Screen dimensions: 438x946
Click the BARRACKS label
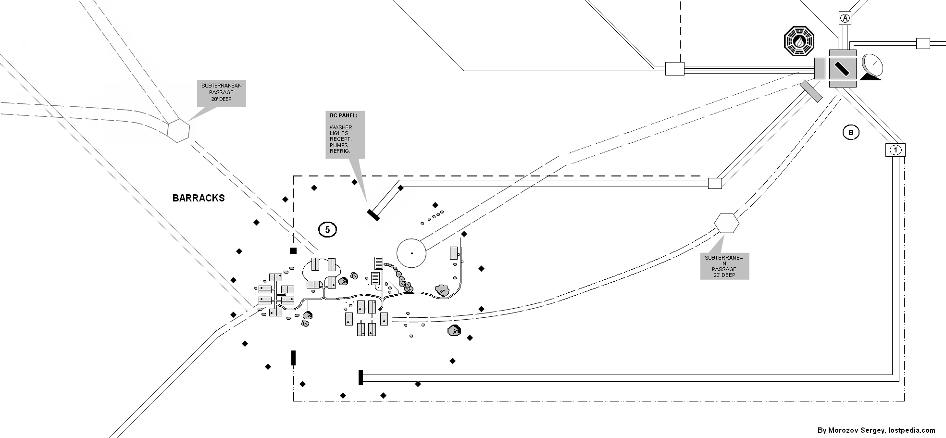point(199,198)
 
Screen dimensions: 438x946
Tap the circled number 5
point(327,230)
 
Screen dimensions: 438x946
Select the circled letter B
point(850,132)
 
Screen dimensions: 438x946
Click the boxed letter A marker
point(845,18)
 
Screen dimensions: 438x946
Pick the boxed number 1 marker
point(895,150)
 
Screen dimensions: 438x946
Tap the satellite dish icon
point(872,67)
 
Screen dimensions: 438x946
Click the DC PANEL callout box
point(345,135)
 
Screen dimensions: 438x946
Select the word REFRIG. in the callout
point(340,151)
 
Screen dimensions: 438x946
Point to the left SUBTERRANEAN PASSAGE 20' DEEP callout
point(222,93)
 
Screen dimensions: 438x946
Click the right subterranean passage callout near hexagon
point(724,266)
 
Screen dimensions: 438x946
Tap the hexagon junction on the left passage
point(178,130)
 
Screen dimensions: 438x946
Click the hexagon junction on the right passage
point(726,223)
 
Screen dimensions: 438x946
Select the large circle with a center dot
point(411,253)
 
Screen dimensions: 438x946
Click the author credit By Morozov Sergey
point(876,430)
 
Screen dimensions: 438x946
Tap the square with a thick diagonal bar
point(843,68)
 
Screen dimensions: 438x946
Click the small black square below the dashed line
point(293,250)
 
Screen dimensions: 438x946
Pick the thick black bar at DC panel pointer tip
point(373,215)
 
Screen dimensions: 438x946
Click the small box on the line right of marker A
point(923,43)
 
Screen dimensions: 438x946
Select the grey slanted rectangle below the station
point(811,91)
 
